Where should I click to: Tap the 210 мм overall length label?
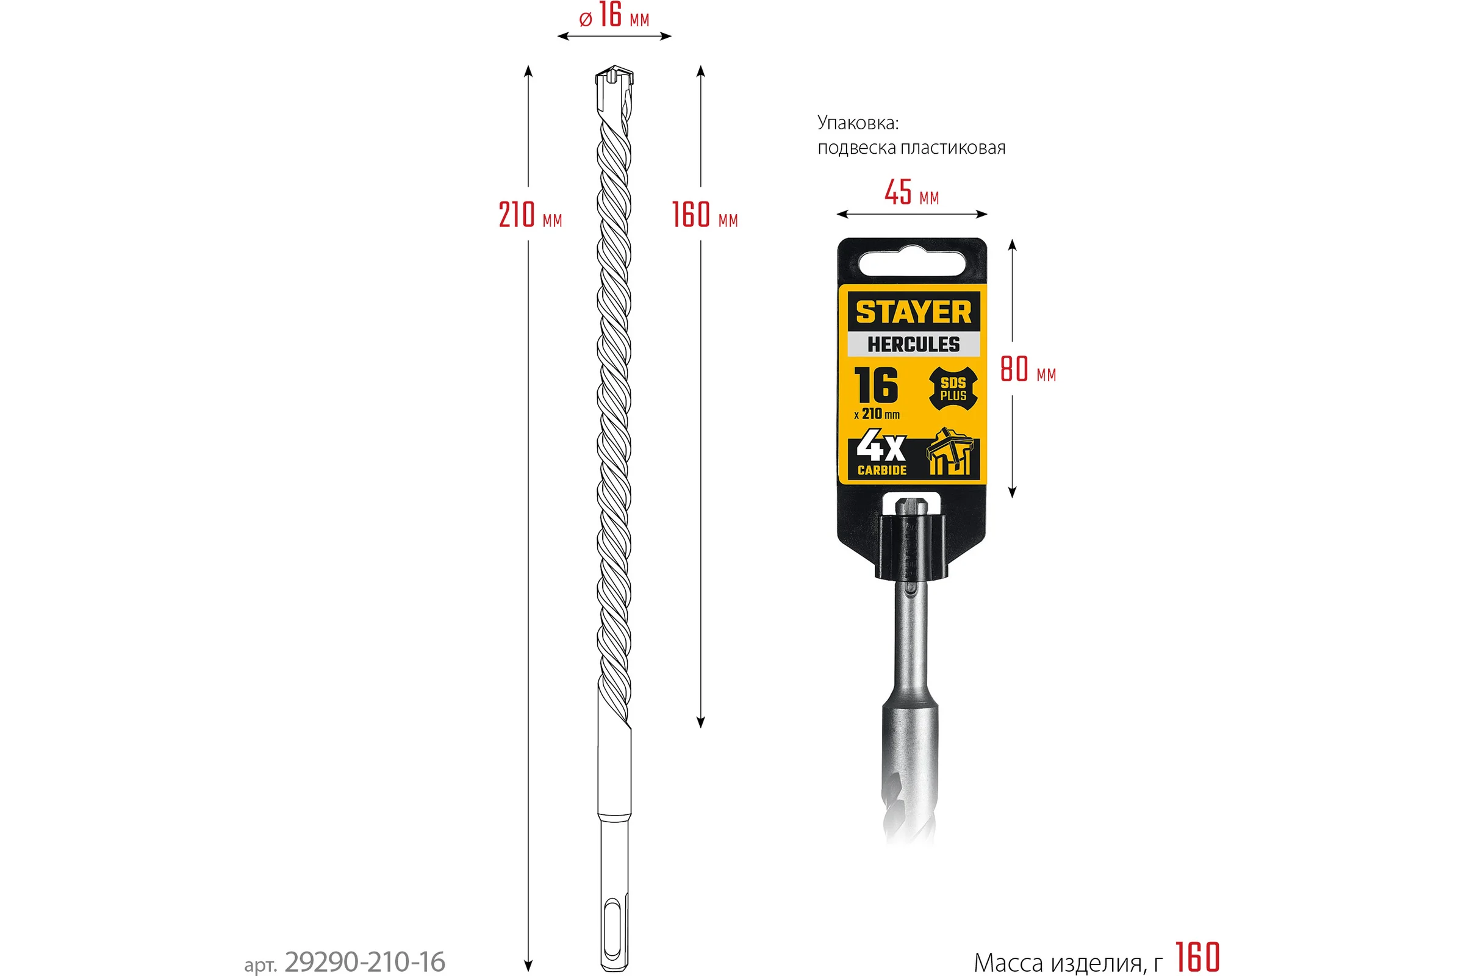pyautogui.click(x=529, y=215)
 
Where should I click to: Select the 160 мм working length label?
pyautogui.click(x=705, y=215)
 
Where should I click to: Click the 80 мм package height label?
pyautogui.click(x=1028, y=369)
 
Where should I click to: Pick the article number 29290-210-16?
pyautogui.click(x=365, y=962)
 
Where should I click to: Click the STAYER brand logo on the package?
pyautogui.click(x=913, y=312)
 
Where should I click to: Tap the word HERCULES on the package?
pyautogui.click(x=913, y=344)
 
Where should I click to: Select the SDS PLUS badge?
pyautogui.click(x=953, y=389)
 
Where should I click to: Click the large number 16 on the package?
pyautogui.click(x=876, y=386)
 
